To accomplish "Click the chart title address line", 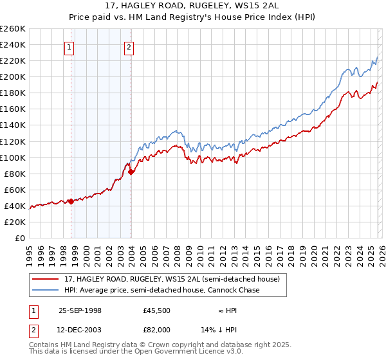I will click(x=193, y=6).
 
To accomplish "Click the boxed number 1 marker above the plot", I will click(x=69, y=46).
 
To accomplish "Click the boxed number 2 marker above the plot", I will click(x=129, y=46).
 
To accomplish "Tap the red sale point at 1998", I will click(x=71, y=201).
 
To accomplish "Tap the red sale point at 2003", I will click(x=131, y=172).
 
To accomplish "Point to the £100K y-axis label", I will click(x=13, y=157).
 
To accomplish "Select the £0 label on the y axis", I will click(x=19, y=238).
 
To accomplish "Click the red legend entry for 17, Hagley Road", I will click(x=172, y=280).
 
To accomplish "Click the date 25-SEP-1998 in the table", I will click(x=80, y=310).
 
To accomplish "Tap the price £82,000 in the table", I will click(x=157, y=329).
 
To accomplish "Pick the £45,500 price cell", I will click(x=157, y=310).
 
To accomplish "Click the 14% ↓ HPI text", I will click(x=228, y=329).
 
